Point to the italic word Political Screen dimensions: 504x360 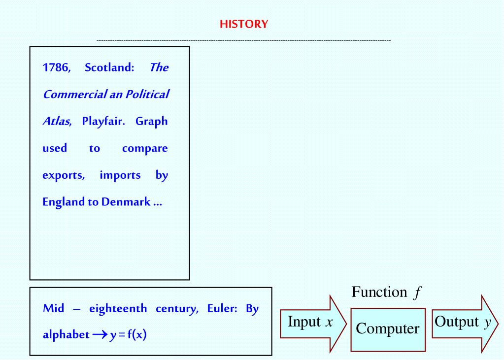(147, 95)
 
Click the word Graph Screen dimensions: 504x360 (152, 122)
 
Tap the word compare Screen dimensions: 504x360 (145, 148)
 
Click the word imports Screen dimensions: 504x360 (120, 175)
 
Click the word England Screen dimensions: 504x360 (64, 202)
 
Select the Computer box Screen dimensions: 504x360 (388, 329)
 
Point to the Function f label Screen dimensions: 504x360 (386, 293)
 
